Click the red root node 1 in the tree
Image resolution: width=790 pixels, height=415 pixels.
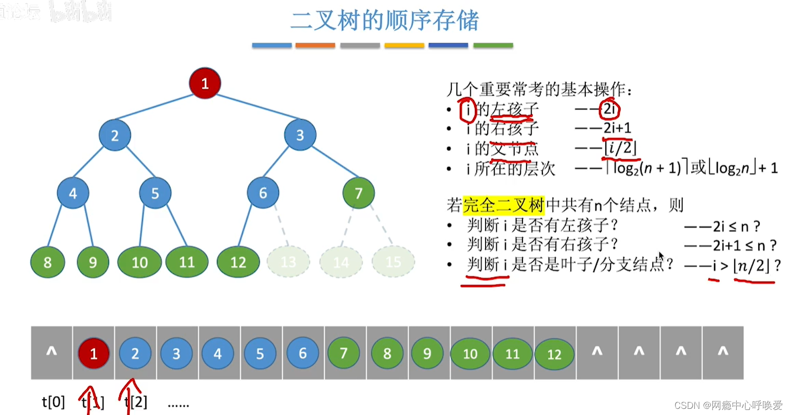[205, 83]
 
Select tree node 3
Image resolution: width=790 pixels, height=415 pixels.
[300, 135]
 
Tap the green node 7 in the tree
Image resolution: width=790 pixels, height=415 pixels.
[358, 193]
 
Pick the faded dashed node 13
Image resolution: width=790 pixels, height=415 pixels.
[288, 262]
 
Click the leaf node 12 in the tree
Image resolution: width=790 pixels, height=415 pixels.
[238, 262]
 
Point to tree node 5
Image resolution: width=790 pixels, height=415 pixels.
[155, 193]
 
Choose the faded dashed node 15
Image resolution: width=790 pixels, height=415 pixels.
[393, 262]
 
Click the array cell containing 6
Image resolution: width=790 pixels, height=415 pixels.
[302, 353]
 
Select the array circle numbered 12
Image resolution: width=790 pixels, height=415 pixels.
[554, 354]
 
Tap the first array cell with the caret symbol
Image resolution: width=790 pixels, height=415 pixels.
[52, 352]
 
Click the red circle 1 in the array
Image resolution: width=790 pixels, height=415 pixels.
[94, 353]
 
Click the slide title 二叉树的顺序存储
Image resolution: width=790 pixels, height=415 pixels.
[384, 20]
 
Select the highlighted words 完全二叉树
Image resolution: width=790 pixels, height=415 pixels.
[503, 205]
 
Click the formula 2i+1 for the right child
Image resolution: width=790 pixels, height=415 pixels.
[617, 128]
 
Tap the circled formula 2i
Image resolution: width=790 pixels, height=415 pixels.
[609, 109]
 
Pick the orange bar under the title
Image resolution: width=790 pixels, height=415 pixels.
[315, 46]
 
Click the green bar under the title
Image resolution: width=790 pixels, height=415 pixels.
[493, 46]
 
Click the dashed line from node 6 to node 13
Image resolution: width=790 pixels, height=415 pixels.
[282, 225]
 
